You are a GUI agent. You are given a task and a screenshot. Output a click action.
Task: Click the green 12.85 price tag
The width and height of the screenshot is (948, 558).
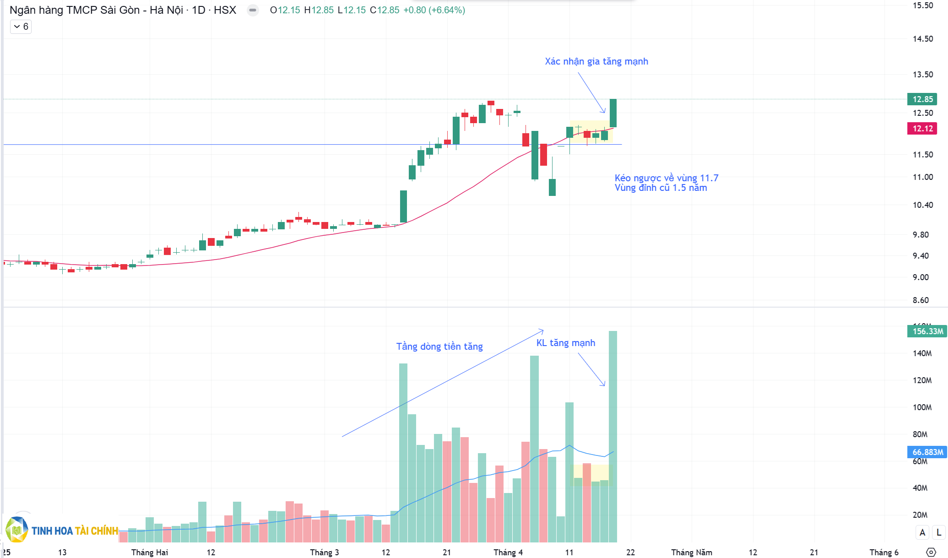pos(922,99)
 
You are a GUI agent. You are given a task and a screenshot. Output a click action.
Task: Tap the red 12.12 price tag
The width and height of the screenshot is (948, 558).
pos(922,129)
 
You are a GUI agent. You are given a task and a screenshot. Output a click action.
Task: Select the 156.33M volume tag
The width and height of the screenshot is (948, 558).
pos(927,331)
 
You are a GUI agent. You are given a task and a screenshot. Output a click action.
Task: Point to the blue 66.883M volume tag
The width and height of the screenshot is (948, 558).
pos(927,452)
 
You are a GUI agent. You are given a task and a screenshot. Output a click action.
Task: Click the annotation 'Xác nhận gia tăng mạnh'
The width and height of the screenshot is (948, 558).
pos(596,61)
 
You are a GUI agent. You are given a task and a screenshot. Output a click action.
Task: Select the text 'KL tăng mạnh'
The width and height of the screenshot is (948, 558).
pos(565,343)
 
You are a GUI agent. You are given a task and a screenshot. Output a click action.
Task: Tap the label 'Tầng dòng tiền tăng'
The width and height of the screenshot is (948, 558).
pos(439,347)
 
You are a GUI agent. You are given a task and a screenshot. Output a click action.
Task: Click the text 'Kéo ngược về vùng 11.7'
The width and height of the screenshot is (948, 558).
pos(666,178)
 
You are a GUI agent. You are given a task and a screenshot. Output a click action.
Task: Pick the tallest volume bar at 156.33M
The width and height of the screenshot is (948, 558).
pos(612,435)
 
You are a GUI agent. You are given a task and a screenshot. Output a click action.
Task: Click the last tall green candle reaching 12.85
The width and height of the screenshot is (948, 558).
pos(613,113)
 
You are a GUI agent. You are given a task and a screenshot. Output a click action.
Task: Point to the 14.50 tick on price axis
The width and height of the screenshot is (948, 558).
pos(922,39)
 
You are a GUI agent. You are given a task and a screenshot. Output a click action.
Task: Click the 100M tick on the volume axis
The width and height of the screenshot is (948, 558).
pos(922,407)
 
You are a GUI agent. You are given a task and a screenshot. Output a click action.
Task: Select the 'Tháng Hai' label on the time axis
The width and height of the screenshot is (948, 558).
pos(149,553)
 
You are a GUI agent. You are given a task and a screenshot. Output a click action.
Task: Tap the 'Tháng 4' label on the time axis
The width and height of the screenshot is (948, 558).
pos(508,553)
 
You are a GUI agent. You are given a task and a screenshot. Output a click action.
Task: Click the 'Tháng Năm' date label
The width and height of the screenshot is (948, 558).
pos(691,553)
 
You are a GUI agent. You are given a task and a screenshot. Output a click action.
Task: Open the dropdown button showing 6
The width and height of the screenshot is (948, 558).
pos(21,27)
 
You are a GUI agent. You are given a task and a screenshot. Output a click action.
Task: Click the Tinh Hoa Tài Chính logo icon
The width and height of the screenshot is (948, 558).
pos(17,530)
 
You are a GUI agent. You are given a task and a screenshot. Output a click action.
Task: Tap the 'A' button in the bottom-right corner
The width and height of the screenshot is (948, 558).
pos(922,532)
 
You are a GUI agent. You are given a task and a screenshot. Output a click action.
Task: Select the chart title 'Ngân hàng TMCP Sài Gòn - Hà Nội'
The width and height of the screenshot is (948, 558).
pos(96,10)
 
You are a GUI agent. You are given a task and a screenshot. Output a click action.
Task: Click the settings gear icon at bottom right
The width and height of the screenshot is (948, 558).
pos(931,553)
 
